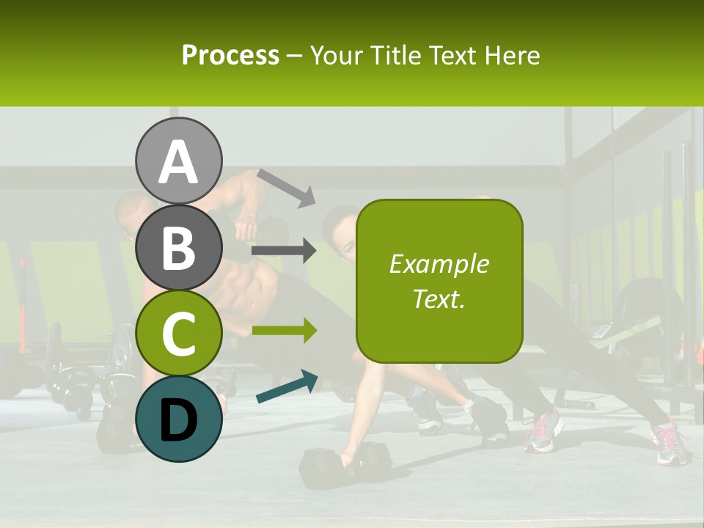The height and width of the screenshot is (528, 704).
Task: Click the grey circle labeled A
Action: pyautogui.click(x=179, y=161)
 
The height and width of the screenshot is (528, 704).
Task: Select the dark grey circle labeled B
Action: pyautogui.click(x=179, y=247)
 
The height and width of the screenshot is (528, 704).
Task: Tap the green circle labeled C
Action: pyautogui.click(x=179, y=333)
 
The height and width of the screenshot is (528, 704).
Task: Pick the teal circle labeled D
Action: pyautogui.click(x=179, y=419)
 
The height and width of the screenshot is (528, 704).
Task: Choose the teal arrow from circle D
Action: pyautogui.click(x=287, y=386)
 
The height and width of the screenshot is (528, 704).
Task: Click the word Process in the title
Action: pyautogui.click(x=230, y=55)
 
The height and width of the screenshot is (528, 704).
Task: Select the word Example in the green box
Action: pyautogui.click(x=439, y=264)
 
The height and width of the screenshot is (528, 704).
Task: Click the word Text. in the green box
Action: pyautogui.click(x=439, y=298)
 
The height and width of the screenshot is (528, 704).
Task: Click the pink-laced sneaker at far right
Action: pyautogui.click(x=672, y=444)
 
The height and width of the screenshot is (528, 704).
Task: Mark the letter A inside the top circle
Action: pyautogui.click(x=179, y=162)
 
